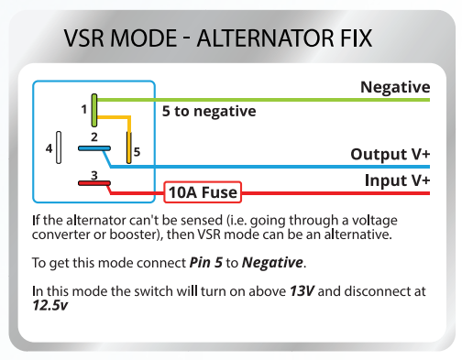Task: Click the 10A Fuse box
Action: (x=202, y=192)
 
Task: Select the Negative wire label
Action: (x=395, y=88)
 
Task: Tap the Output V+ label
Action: (x=390, y=154)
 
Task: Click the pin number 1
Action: (x=82, y=109)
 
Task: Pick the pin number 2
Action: (x=93, y=137)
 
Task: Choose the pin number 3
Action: (x=93, y=174)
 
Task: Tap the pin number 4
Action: (x=48, y=147)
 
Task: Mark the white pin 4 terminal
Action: (x=59, y=147)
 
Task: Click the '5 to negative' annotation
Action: (x=208, y=111)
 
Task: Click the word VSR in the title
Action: (x=88, y=40)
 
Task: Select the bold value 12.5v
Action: (x=49, y=306)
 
